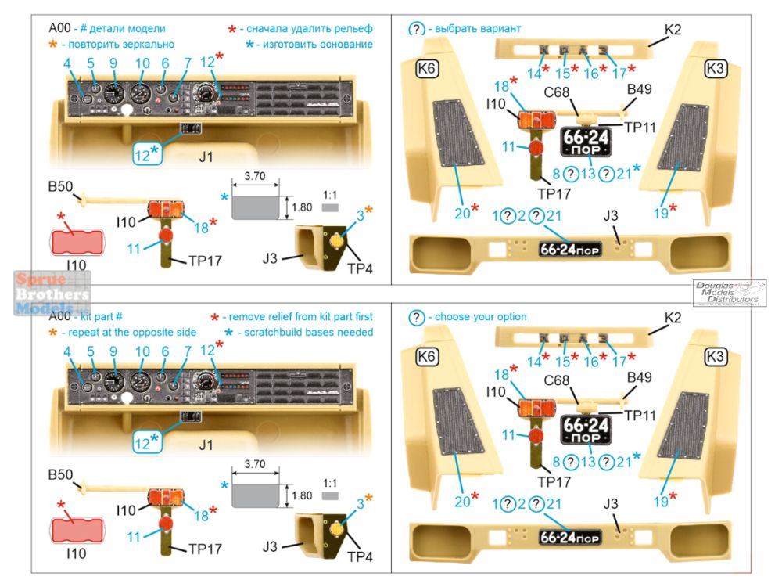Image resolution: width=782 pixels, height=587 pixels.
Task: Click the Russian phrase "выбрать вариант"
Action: [476, 29]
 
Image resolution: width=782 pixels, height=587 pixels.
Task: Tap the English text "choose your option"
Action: [480, 317]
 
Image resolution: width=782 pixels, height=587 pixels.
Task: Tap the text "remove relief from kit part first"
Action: [307, 316]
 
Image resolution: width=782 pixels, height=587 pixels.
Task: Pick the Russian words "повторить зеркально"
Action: [118, 44]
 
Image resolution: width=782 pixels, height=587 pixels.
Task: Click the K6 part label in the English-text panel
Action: [429, 357]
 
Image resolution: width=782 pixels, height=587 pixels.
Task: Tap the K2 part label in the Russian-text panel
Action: [673, 31]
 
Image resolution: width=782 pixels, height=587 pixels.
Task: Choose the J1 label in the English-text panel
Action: [206, 445]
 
